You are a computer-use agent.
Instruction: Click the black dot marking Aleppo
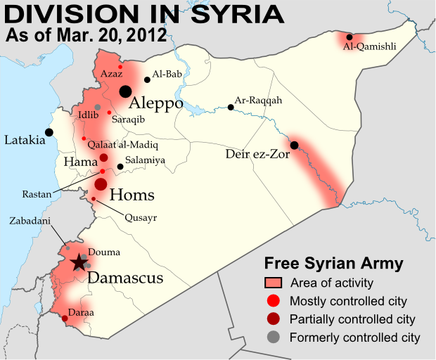pos(125,91)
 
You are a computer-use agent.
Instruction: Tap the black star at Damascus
pos(79,263)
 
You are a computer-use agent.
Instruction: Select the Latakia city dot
pos(49,131)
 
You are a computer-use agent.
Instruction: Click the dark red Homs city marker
pos(101,184)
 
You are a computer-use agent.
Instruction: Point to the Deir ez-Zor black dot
pos(294,146)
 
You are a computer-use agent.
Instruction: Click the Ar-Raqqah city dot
pos(231,108)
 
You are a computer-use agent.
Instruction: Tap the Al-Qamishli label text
pos(369,47)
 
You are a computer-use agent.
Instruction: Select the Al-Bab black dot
pos(146,79)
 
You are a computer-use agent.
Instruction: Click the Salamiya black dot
pos(120,167)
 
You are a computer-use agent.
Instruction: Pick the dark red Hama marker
pos(103,157)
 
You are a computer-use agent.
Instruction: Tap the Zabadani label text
pos(30,219)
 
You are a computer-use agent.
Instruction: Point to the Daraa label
pos(81,311)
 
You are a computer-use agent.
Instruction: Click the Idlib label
pos(88,113)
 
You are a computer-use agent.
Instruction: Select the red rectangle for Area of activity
pos(273,283)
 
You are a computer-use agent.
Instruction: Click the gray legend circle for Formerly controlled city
pos(273,337)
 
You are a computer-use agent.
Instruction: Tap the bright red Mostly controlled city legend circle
pos(273,301)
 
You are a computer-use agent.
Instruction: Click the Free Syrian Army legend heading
pos(333,264)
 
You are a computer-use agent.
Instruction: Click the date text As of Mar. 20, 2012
pos(86,34)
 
